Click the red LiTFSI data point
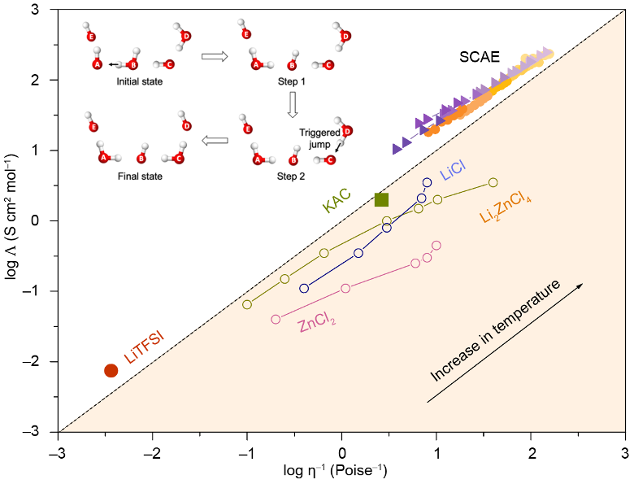point(111,370)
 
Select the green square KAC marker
point(382,199)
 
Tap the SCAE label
point(479,57)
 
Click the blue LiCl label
point(453,170)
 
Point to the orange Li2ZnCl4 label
point(506,207)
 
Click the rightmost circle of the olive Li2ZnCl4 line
point(493,182)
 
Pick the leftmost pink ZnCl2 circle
point(276,320)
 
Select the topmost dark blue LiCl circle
point(427,182)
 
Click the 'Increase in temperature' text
point(495,330)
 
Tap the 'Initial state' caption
point(140,81)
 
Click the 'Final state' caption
point(140,177)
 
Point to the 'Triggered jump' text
point(319,138)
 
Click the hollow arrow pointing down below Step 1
point(293,104)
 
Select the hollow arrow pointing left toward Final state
point(215,141)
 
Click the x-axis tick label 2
point(532,453)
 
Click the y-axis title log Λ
point(11,216)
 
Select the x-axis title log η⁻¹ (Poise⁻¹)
point(335,471)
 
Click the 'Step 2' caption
point(291,177)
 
